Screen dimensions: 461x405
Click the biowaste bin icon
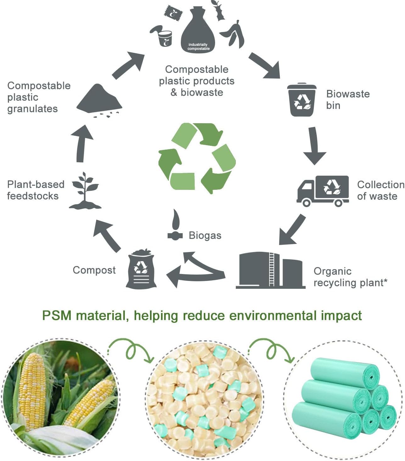click(302, 100)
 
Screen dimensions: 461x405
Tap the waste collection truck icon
click(323, 191)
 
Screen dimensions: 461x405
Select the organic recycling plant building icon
click(270, 270)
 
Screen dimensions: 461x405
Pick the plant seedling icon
click(85, 191)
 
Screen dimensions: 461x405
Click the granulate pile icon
click(99, 100)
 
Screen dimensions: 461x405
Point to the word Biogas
click(205, 235)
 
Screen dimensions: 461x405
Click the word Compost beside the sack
click(94, 270)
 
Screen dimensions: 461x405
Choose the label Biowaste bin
click(347, 99)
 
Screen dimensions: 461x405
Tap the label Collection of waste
click(380, 190)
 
